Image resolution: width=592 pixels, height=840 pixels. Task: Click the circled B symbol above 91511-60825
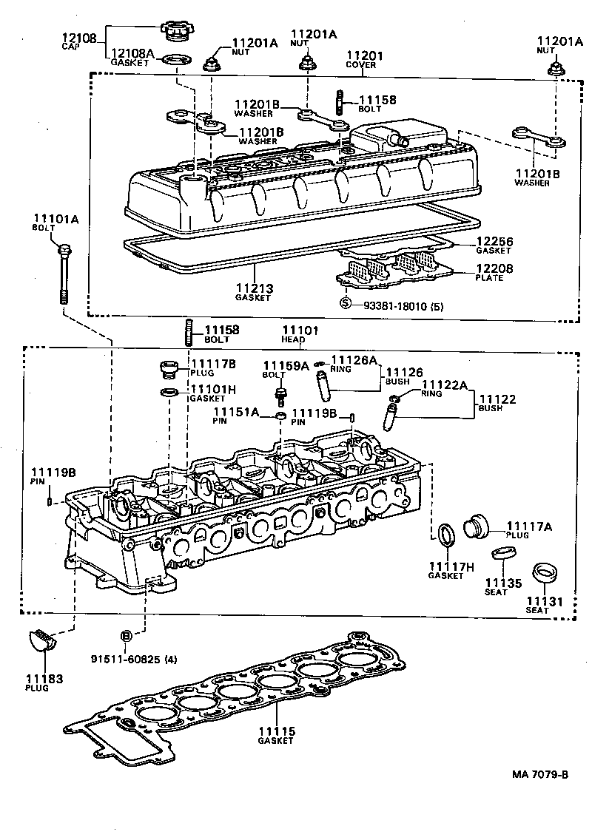click(126, 636)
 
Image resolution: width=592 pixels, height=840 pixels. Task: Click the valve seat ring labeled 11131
click(547, 572)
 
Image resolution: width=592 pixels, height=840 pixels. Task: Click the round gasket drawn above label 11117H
click(447, 535)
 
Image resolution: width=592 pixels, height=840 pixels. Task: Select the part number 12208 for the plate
click(494, 270)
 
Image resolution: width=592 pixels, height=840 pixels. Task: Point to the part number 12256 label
click(494, 242)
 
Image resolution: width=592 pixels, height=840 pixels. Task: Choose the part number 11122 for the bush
click(497, 399)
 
